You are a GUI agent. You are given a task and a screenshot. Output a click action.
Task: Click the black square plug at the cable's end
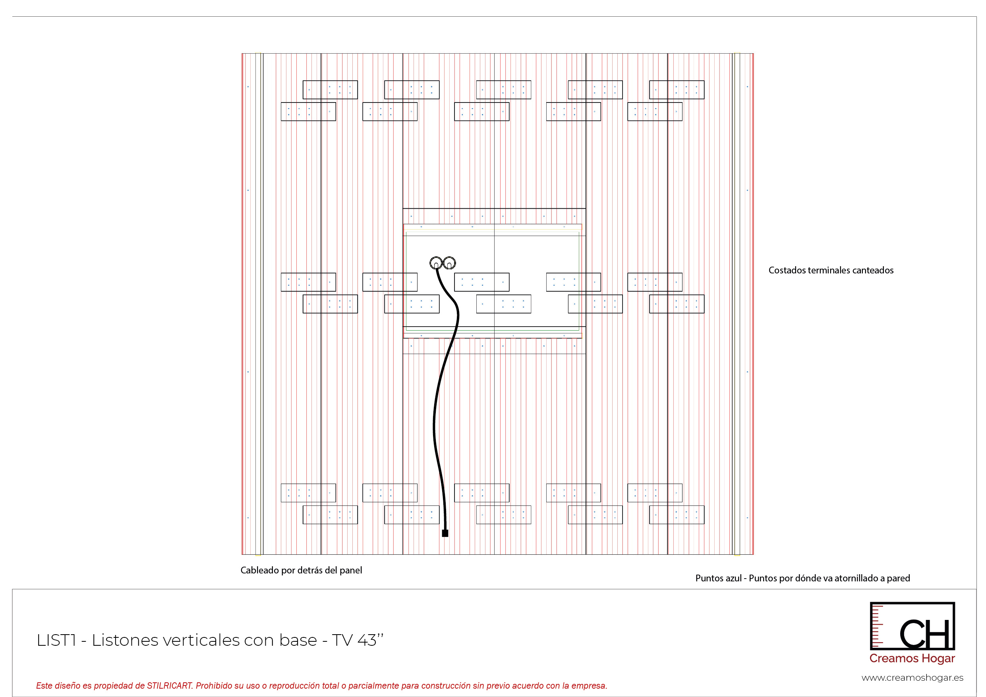(x=445, y=533)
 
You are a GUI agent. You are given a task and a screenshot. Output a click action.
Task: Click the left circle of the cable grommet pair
(x=435, y=263)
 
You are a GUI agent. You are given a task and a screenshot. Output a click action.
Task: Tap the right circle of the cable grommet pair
(x=449, y=263)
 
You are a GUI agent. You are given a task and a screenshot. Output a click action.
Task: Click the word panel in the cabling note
(x=350, y=570)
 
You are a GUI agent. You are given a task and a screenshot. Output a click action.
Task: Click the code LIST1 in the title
(x=56, y=640)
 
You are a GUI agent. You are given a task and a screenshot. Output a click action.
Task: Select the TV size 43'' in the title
(x=370, y=640)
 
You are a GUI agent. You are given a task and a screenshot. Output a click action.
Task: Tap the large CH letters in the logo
(x=924, y=634)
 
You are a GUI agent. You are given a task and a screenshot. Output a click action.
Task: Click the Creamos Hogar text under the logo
(x=912, y=658)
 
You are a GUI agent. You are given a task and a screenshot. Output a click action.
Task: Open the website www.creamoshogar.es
(x=912, y=678)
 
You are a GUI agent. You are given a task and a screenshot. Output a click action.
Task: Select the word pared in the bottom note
(x=898, y=578)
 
